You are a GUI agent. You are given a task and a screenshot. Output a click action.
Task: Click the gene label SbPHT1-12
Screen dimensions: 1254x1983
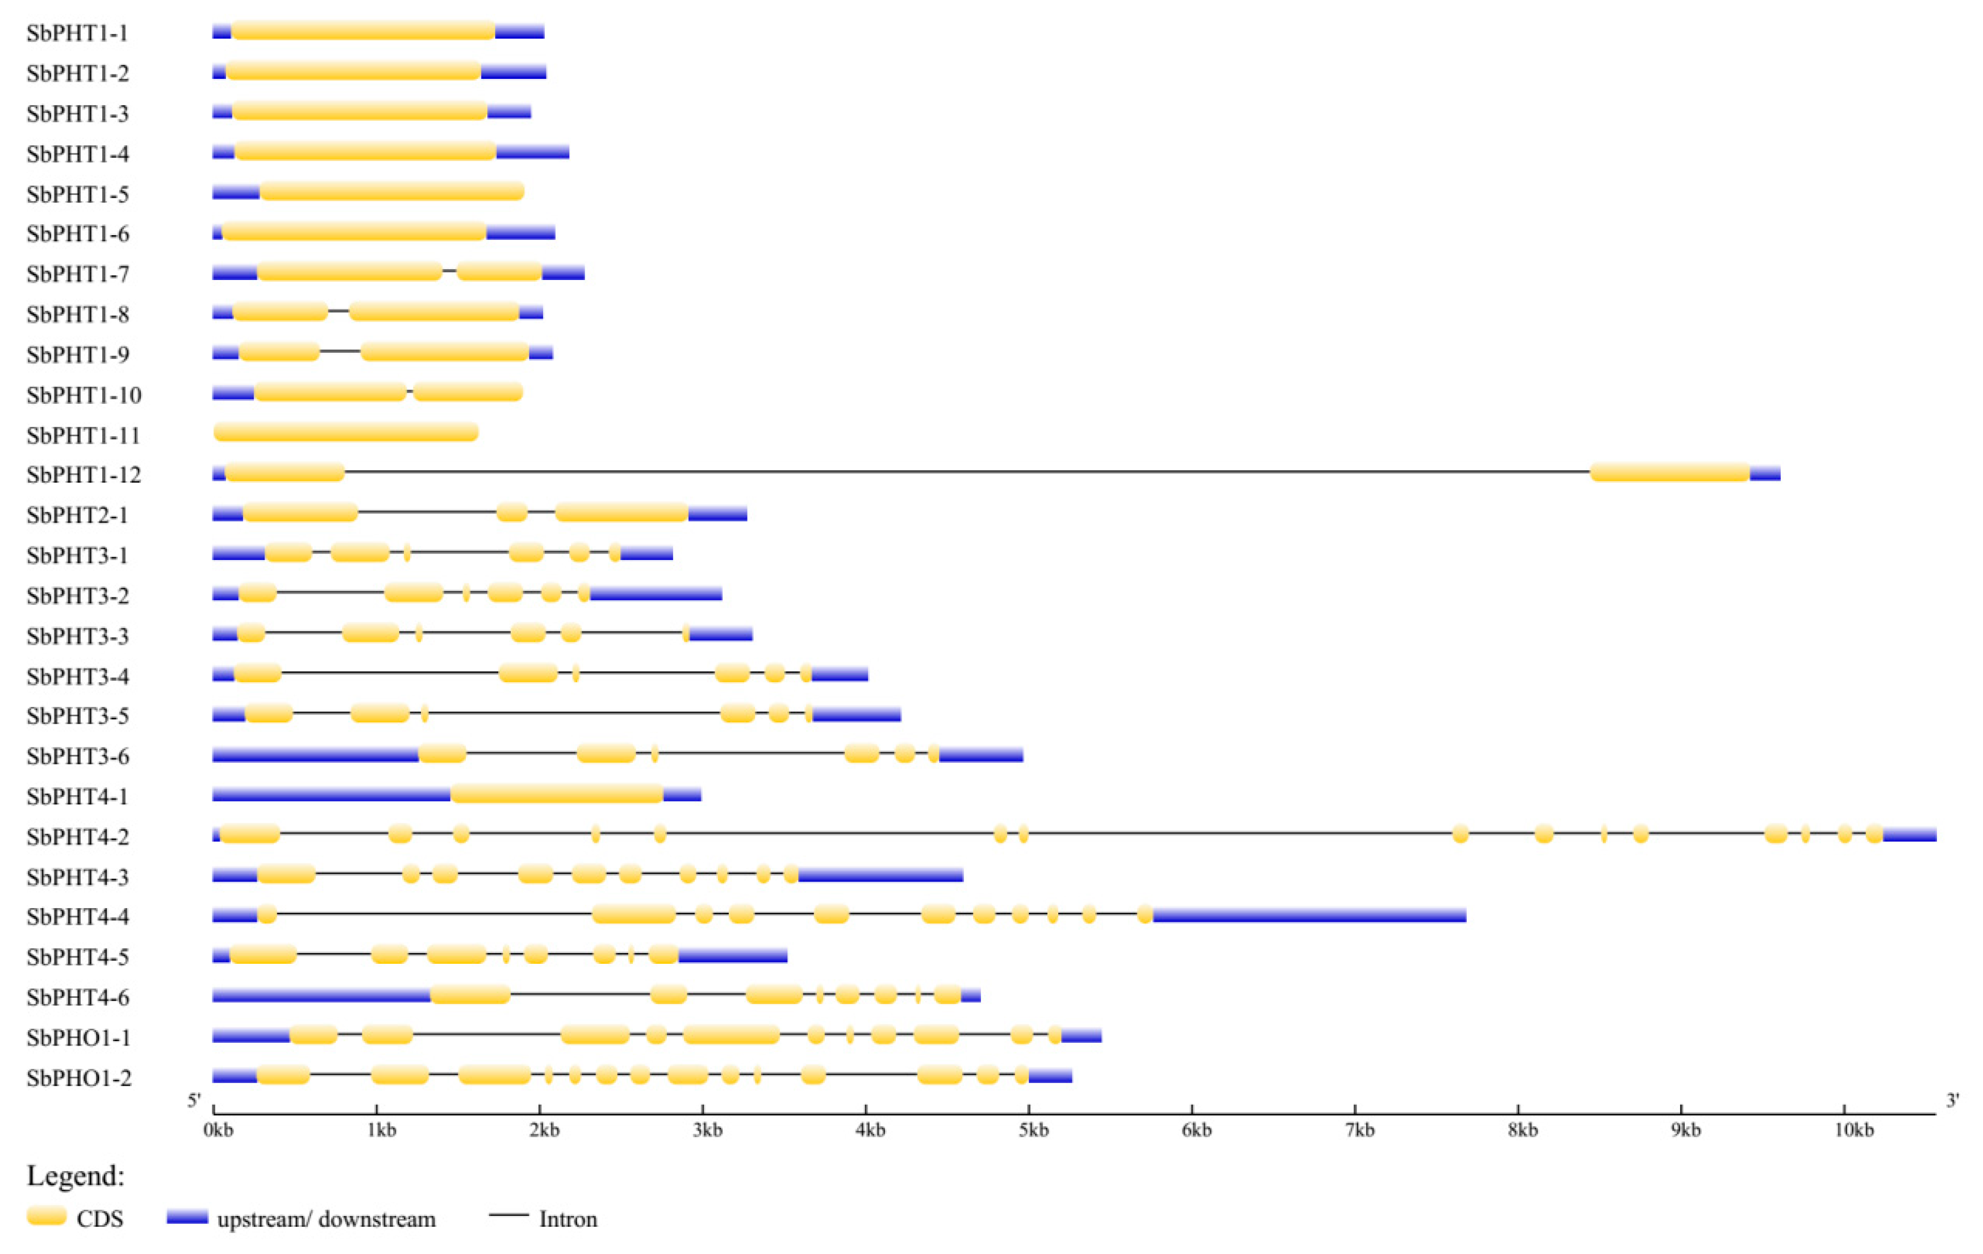[x=83, y=475]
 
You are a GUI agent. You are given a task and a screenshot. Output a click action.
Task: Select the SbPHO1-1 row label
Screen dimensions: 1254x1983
[x=78, y=1038]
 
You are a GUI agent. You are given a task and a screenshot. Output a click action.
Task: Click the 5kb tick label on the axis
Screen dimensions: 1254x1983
[x=1033, y=1131]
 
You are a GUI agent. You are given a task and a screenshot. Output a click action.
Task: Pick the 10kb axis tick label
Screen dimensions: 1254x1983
[x=1853, y=1131]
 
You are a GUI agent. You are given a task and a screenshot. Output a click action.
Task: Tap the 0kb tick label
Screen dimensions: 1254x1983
[x=218, y=1131]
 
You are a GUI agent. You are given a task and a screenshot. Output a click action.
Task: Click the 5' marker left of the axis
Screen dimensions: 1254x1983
[x=194, y=1101]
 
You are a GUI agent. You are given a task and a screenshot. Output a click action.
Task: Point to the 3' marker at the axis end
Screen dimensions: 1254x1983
[x=1952, y=1101]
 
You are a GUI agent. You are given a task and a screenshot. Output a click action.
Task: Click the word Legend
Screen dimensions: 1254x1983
[x=75, y=1176]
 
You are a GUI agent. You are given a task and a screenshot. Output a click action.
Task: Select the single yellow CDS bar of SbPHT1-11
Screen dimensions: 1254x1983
[x=346, y=432]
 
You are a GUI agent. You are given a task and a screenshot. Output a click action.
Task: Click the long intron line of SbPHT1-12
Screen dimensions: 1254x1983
[x=963, y=472]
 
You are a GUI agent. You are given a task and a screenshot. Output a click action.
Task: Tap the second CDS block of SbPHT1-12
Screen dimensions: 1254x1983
[x=1670, y=473]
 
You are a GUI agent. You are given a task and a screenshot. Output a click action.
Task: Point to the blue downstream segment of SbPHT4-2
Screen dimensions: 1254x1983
[x=1910, y=835]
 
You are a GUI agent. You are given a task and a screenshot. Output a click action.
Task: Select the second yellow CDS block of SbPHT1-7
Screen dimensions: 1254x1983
[x=499, y=271]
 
